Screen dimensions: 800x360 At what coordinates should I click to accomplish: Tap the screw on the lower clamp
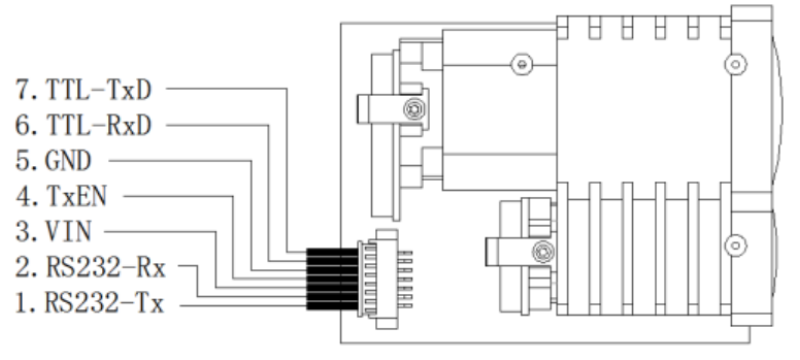[541, 250]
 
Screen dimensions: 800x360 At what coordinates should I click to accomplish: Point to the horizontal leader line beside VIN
[160, 232]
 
